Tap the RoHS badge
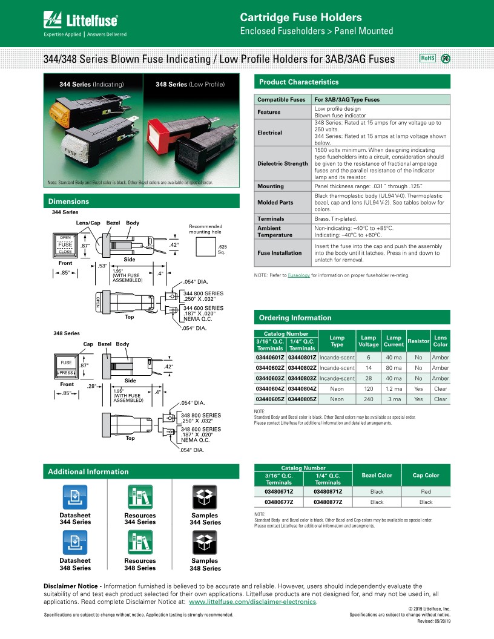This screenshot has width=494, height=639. coord(427,58)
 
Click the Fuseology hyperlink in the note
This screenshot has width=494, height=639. coord(299,275)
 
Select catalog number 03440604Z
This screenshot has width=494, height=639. coord(270,388)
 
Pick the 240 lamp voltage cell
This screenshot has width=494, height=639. coord(369,399)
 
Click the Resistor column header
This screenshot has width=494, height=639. coord(418,341)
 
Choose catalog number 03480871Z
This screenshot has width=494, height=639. coord(328,492)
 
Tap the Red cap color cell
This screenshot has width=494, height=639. coord(426,492)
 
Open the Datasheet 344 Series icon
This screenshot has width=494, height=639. coord(75,497)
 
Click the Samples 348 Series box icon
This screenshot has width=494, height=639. coord(205,542)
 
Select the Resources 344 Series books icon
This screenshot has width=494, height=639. coord(140,497)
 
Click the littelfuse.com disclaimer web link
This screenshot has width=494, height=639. coord(252,602)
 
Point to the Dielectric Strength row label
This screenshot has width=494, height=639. coord(283,164)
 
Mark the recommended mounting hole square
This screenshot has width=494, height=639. coord(206,247)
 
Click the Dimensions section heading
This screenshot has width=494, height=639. coord(68,202)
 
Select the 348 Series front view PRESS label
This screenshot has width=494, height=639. coord(67,373)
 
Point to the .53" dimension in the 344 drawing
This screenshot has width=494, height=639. coord(102,266)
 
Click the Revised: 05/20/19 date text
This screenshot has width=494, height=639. coord(433,621)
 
